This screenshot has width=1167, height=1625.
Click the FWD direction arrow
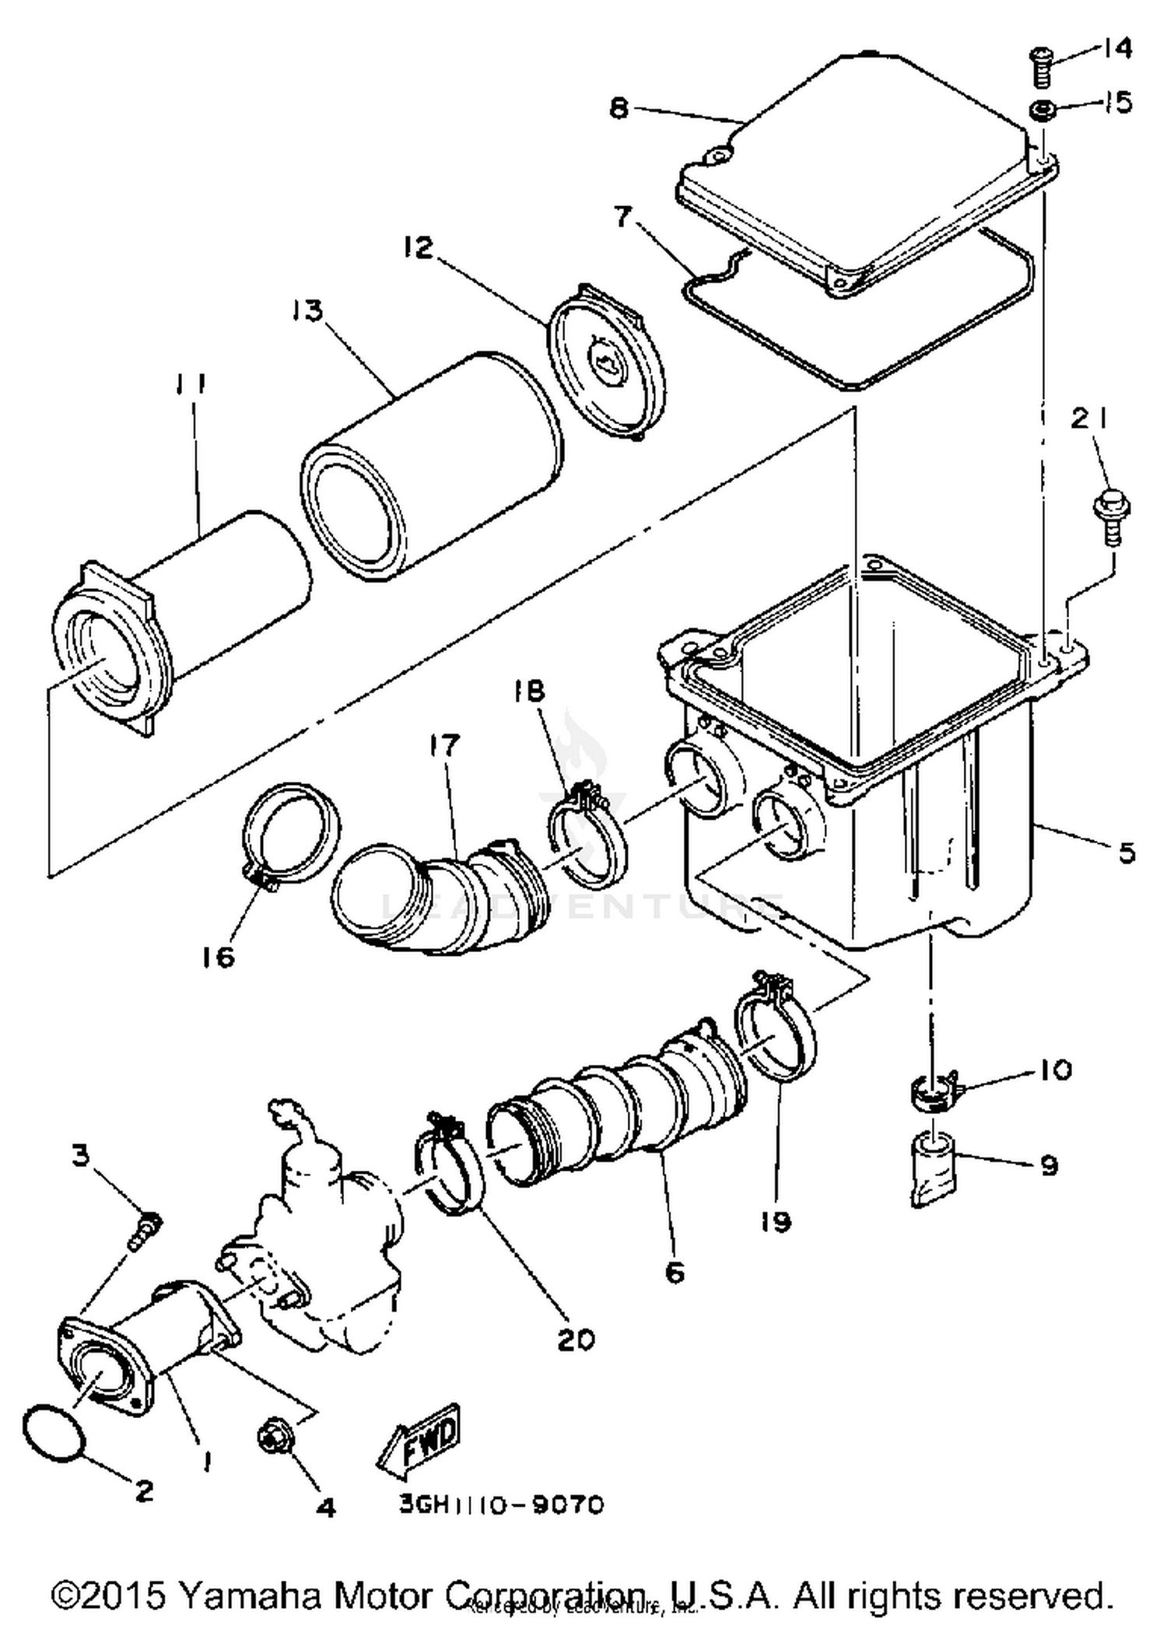tap(419, 1441)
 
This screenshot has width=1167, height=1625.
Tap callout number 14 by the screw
tap(1116, 48)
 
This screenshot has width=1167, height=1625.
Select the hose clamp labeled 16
tap(291, 832)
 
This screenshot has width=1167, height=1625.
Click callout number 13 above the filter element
tap(307, 310)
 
